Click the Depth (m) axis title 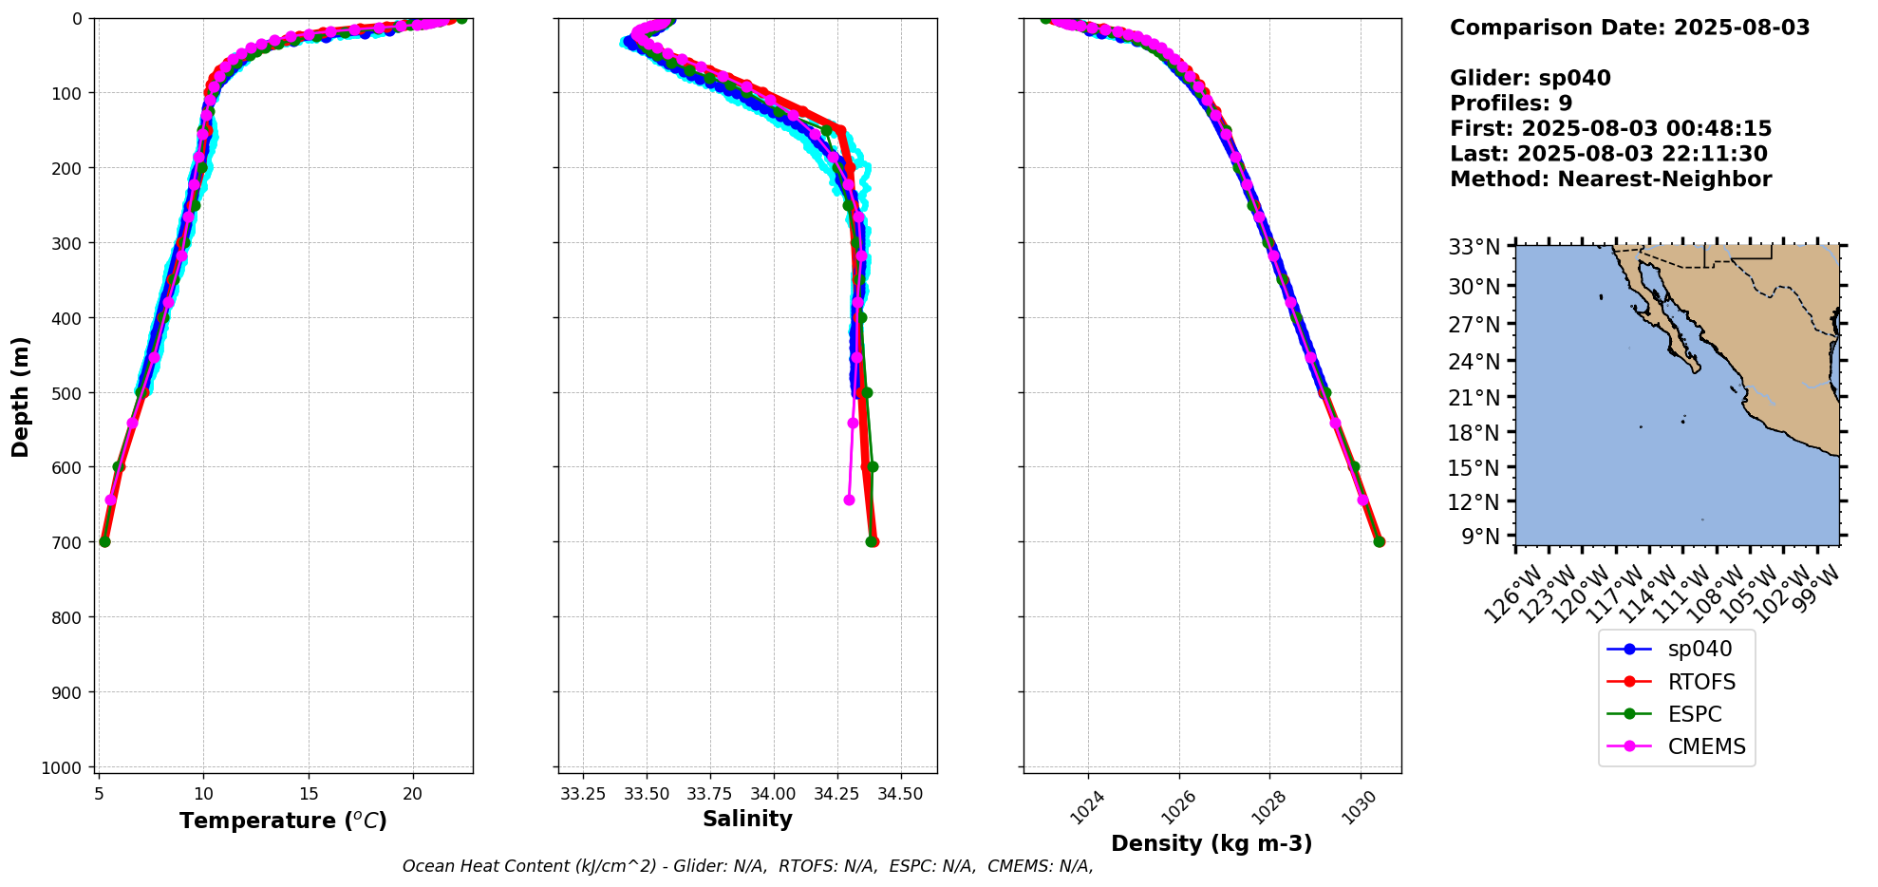coord(20,396)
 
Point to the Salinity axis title coord(747,819)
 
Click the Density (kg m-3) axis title coord(1211,843)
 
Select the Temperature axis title coord(283,821)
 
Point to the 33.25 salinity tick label coord(583,793)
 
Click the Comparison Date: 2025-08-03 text coord(1629,28)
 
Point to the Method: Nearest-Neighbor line coord(1610,179)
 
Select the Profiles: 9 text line coord(1511,104)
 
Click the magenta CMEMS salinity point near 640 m coord(849,500)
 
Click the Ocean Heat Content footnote coord(747,866)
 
